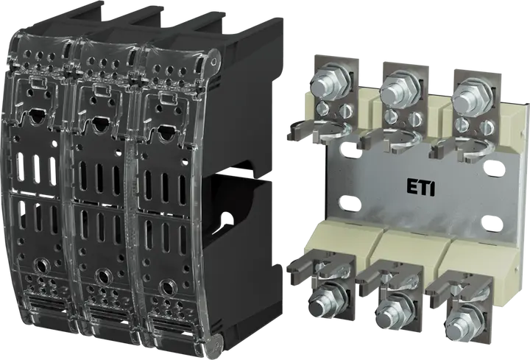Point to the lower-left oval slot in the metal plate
pos(350,203)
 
